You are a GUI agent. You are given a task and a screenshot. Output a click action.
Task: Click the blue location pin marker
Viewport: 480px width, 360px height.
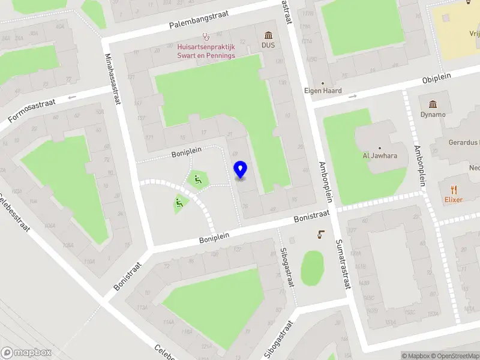pos(240,170)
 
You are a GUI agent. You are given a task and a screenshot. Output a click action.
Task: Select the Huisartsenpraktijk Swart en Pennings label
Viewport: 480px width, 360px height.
pos(206,51)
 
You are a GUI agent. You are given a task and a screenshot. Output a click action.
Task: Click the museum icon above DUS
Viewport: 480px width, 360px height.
pos(268,35)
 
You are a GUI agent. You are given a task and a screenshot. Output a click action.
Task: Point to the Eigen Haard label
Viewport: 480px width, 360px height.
pos(323,91)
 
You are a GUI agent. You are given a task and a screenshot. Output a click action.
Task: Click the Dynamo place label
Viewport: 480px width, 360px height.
pos(433,114)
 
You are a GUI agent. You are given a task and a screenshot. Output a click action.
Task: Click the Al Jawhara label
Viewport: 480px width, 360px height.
pos(380,155)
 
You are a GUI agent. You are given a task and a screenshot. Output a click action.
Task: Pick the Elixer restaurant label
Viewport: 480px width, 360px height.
pos(453,200)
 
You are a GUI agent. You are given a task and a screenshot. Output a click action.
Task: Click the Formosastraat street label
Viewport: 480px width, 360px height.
pos(32,112)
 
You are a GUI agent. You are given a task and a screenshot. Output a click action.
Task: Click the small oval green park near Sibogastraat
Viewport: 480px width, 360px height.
pos(311,268)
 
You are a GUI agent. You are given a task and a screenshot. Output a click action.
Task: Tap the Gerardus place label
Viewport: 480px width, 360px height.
pos(464,143)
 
